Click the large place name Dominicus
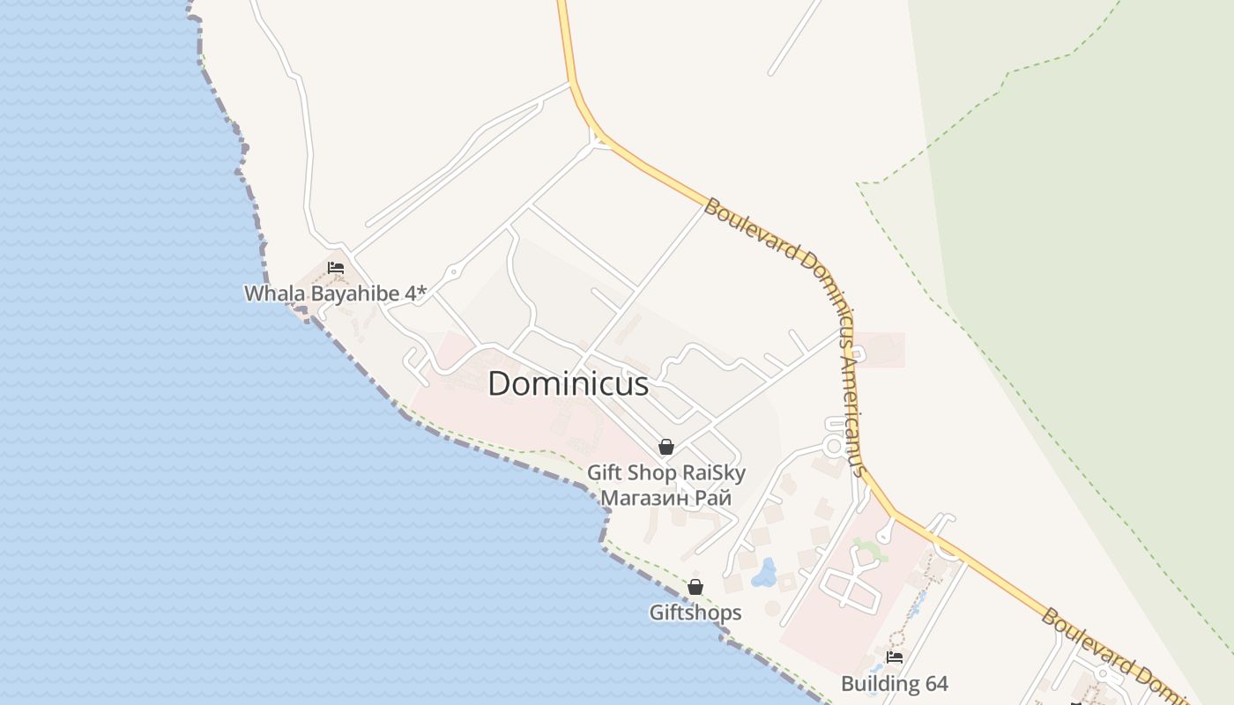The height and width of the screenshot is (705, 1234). coord(568,383)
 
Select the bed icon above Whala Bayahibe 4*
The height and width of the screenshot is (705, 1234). coord(335,268)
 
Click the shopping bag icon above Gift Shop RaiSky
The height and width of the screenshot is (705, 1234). coord(666,447)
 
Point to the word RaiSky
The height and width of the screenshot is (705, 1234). coord(714,473)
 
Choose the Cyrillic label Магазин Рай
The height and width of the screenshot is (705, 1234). coord(665,498)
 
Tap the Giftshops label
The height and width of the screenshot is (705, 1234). coord(695,612)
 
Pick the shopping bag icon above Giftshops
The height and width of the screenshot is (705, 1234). coord(695,587)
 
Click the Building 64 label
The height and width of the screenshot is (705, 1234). coord(894,684)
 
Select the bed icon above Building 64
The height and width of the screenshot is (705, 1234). coord(895,657)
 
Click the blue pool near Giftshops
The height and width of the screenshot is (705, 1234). coord(763,574)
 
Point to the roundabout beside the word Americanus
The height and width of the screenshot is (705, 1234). coord(833,445)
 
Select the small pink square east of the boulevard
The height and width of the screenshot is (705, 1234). coord(880,350)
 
